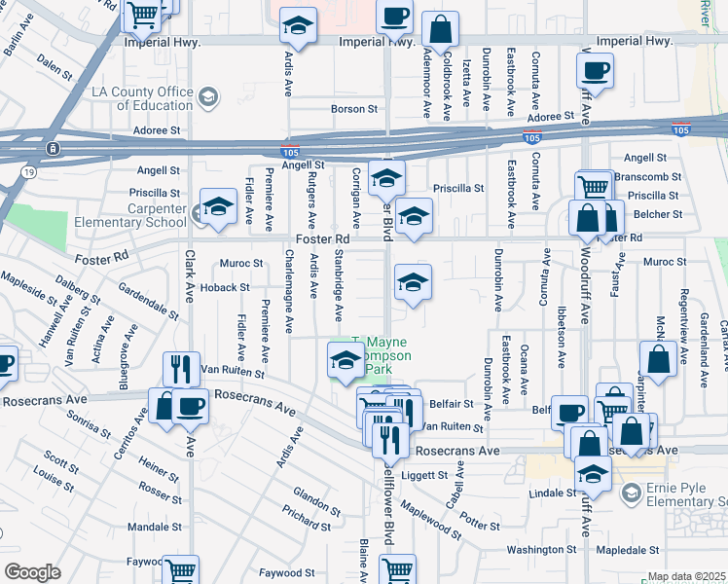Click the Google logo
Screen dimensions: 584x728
(x=32, y=572)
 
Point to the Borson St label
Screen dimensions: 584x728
(x=353, y=109)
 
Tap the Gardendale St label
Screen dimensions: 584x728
(x=150, y=302)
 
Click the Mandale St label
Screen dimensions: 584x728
(x=148, y=527)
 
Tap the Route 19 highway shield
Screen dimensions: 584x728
(x=30, y=171)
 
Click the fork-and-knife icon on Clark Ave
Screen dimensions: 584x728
(x=181, y=368)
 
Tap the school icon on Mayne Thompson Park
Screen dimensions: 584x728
(x=345, y=359)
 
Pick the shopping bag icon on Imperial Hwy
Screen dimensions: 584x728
(x=441, y=29)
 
